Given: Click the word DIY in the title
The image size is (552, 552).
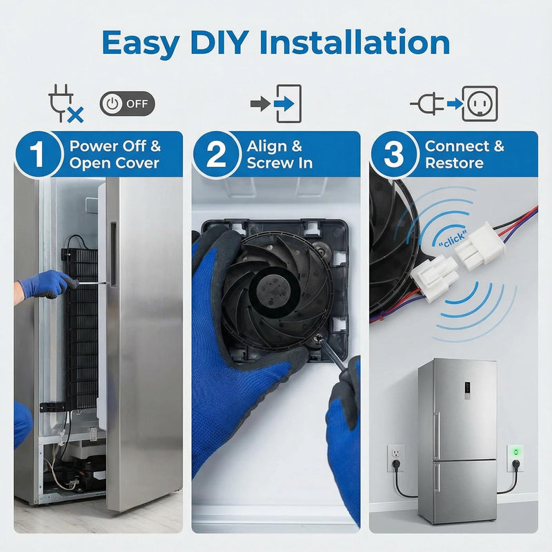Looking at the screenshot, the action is coord(219,43).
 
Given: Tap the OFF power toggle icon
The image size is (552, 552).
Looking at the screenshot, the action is coord(127,103).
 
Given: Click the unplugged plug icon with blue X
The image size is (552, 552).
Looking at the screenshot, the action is coord(66,103).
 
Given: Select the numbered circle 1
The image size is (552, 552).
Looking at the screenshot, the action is coord(38,154).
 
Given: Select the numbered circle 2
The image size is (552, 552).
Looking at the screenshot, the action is coord(215,154).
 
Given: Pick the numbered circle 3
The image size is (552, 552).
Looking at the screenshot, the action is coord(393,154).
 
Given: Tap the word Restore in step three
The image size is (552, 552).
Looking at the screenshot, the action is coord(454,163).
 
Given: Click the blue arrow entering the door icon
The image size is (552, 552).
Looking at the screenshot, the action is coord(284,104).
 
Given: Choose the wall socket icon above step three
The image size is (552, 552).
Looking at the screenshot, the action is coord(480,103).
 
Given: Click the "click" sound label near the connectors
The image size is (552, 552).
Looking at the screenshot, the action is coord(453,238).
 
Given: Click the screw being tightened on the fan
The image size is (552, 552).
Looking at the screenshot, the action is coord(319,338).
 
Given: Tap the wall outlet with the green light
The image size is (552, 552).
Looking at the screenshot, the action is coord(515,458).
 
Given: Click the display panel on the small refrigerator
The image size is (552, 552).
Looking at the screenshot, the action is coord(467,390).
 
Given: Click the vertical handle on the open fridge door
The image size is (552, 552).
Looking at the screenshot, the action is coord(112,254).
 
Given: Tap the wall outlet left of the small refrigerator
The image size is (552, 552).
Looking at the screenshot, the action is coord(395,458).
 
